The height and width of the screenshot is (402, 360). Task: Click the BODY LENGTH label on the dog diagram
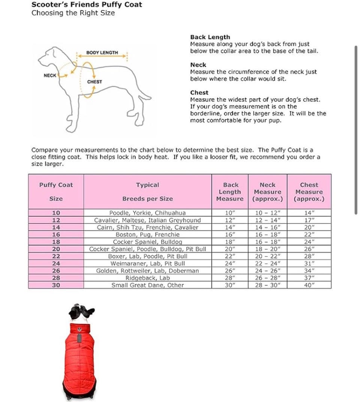(102, 52)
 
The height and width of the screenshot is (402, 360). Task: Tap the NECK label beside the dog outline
(50, 75)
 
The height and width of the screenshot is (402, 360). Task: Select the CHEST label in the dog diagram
(94, 82)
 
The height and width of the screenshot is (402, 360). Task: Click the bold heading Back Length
(210, 37)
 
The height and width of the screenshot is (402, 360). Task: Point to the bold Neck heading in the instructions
(198, 65)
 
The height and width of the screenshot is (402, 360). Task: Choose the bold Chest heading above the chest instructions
(199, 93)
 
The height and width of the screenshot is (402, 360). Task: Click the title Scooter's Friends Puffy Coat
(87, 5)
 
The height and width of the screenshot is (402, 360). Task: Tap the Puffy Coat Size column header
(56, 192)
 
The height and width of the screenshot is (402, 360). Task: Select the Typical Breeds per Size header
(147, 192)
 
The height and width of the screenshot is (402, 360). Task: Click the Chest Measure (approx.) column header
(309, 192)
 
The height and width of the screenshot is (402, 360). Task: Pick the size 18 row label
(56, 242)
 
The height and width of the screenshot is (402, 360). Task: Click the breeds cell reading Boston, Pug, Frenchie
(147, 235)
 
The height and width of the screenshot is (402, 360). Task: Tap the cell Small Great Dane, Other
(147, 285)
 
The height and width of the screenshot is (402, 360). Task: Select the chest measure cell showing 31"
(309, 264)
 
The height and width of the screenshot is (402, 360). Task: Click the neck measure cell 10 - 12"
(267, 213)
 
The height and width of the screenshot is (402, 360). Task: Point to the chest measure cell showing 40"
(309, 285)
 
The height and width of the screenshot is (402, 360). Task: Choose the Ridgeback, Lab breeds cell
(147, 278)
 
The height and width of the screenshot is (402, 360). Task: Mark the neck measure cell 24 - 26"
(267, 271)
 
